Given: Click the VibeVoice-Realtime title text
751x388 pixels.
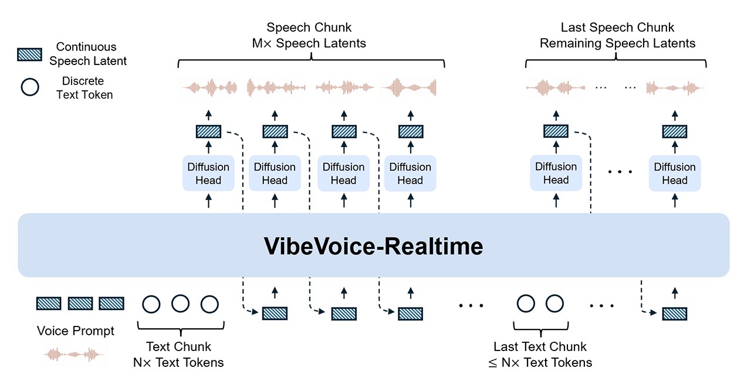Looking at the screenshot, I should pyautogui.click(x=374, y=246).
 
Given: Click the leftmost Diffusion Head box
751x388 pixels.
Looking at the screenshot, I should pyautogui.click(x=208, y=173).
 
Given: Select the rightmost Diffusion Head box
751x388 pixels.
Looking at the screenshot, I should pyautogui.click(x=675, y=173).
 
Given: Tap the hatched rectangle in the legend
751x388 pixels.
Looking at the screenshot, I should pyautogui.click(x=29, y=54).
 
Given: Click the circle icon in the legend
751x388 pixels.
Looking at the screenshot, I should pyautogui.click(x=29, y=87).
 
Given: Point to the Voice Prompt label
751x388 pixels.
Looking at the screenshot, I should pyautogui.click(x=76, y=331).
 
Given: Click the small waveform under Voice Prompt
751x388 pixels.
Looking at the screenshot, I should pyautogui.click(x=76, y=354).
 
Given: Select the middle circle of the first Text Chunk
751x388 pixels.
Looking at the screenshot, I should pyautogui.click(x=180, y=304).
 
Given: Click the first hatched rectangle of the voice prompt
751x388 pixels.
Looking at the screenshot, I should pyautogui.click(x=49, y=304).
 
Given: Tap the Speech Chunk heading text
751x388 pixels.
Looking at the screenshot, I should pyautogui.click(x=309, y=28).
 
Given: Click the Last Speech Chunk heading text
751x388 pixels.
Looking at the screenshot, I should pyautogui.click(x=617, y=28).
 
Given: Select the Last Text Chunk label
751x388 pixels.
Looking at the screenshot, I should pyautogui.click(x=540, y=347).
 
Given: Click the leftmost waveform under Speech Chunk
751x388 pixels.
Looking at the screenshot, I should pyautogui.click(x=209, y=88).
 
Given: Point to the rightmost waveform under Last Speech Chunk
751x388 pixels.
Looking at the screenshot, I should pyautogui.click(x=675, y=88).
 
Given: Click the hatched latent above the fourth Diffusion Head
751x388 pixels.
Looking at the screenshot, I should pyautogui.click(x=410, y=131).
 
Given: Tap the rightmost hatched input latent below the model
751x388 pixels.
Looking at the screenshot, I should pyautogui.click(x=675, y=314).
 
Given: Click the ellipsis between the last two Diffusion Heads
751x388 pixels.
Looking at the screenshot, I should pyautogui.click(x=620, y=172).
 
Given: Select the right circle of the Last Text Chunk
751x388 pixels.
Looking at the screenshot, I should pyautogui.click(x=554, y=304).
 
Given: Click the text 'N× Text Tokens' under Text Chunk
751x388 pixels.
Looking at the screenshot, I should pyautogui.click(x=178, y=362).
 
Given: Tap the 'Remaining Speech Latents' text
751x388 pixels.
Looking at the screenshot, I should pyautogui.click(x=617, y=43).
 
